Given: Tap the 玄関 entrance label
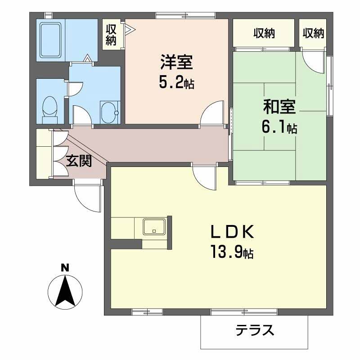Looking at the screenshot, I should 79,161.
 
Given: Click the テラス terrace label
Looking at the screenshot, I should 255,331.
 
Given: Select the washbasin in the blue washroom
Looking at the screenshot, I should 108,111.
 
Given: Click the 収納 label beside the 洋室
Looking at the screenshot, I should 111,35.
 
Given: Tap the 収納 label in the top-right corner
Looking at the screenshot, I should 313,33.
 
